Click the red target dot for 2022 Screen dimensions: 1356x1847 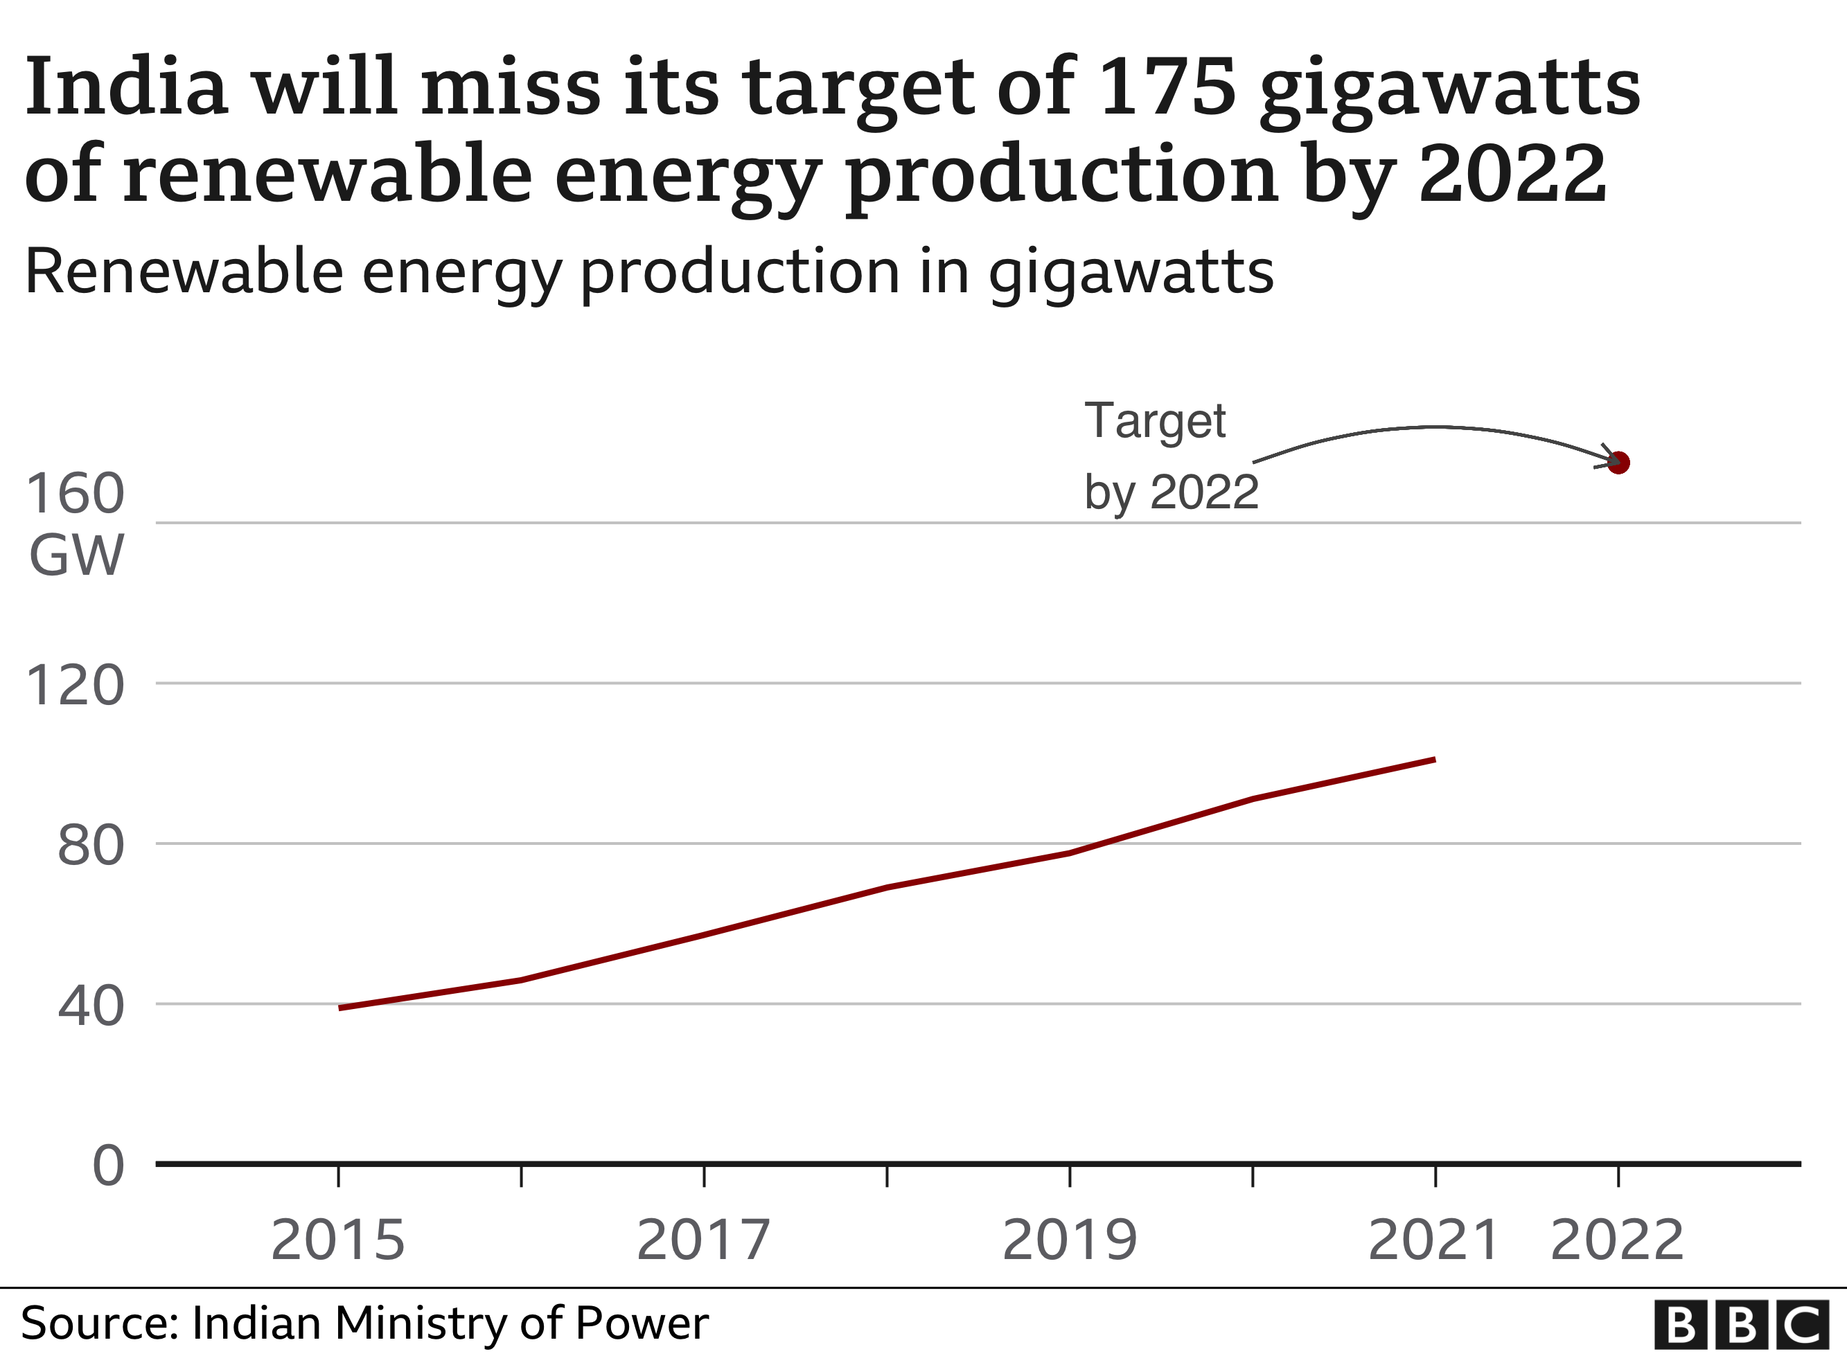(x=1618, y=463)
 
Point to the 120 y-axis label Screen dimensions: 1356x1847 (x=76, y=686)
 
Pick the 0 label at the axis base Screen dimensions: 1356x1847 (x=108, y=1166)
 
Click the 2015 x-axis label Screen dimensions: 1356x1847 (x=338, y=1240)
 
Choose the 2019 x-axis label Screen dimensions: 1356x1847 (x=1070, y=1240)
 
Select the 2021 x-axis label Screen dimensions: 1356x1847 (x=1434, y=1240)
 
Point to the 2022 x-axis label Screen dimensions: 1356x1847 (x=1617, y=1240)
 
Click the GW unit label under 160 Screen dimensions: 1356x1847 (x=76, y=555)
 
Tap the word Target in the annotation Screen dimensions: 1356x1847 (x=1154, y=422)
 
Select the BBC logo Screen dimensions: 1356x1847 (x=1741, y=1324)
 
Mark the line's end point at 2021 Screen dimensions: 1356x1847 (x=1434, y=759)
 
